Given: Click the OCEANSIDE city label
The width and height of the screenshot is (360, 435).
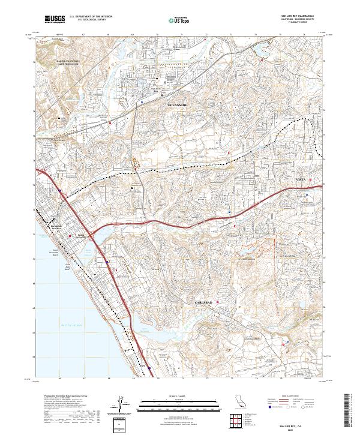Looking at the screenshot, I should tap(176, 105).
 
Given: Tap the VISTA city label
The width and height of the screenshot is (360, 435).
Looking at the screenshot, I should tap(301, 179).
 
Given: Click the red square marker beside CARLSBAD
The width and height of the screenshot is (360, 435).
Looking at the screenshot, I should tap(217, 302).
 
